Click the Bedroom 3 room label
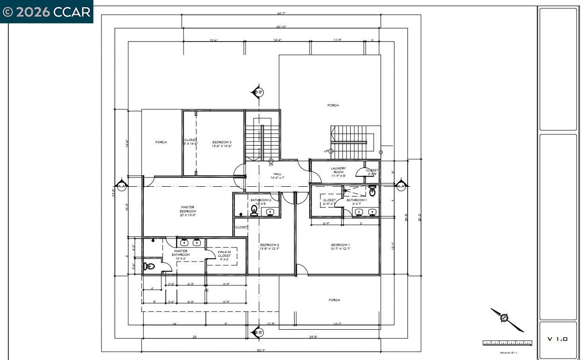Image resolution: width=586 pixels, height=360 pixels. tap(222, 144)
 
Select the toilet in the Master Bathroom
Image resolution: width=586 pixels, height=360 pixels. tap(149, 267)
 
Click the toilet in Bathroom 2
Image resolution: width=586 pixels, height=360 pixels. tap(254, 211)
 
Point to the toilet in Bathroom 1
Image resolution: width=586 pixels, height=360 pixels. tap(372, 191)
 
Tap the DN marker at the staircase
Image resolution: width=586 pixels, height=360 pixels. tap(271, 164)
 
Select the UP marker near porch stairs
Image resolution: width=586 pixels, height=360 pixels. tap(326, 151)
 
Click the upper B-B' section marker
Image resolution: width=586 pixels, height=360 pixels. tap(258, 92)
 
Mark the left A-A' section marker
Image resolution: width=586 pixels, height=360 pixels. tap(122, 186)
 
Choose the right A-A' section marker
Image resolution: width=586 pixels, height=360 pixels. tap(401, 186)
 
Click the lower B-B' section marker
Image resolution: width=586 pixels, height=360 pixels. tap(257, 332)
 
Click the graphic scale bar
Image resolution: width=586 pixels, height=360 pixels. tap(507, 343)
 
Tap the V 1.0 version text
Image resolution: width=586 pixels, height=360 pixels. tap(558, 339)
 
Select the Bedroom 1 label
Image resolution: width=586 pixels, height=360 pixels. tap(340, 247)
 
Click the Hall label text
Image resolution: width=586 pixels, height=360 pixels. tap(277, 176)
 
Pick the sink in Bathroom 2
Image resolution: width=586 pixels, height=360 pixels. tap(270, 212)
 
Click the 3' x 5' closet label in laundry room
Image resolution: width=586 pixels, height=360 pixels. tap(372, 172)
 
